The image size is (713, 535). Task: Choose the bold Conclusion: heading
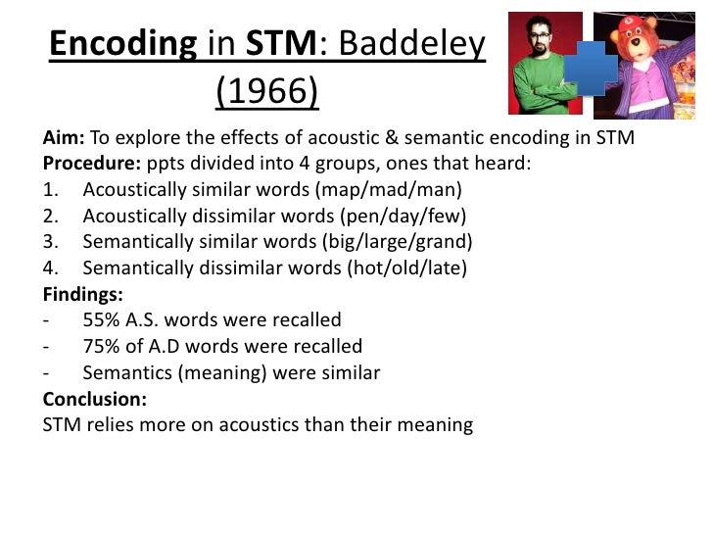point(95,399)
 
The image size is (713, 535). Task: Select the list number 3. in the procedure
point(53,241)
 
